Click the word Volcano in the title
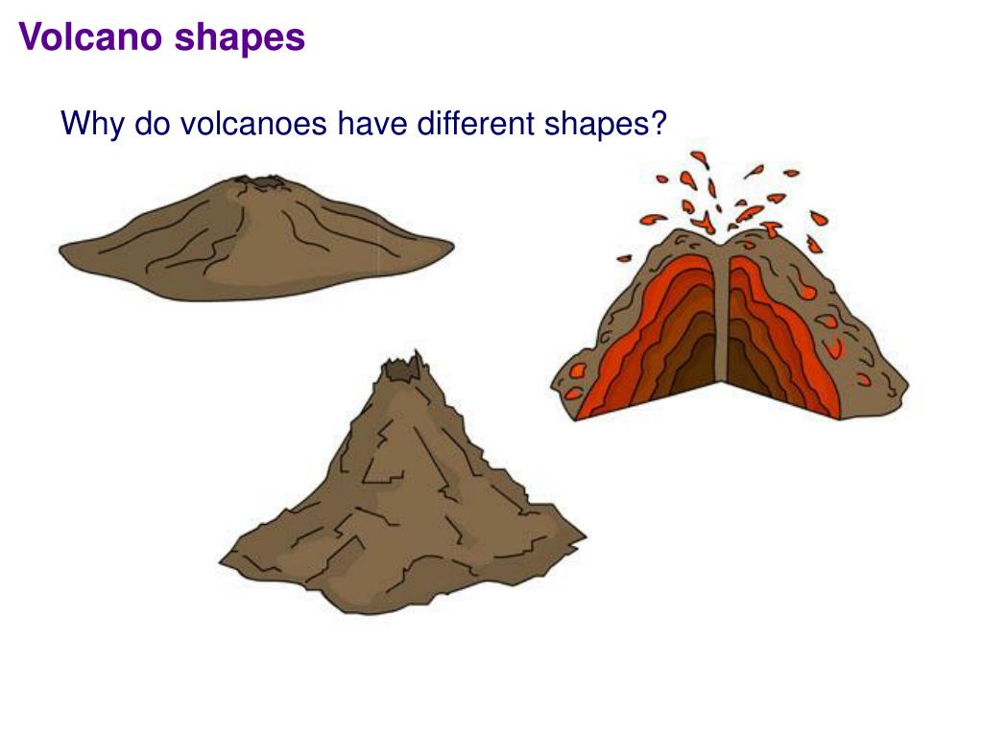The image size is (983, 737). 92,37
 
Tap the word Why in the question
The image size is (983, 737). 93,124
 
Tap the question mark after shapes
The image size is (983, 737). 657,124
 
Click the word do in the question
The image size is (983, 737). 151,124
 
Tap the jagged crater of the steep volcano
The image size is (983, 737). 402,368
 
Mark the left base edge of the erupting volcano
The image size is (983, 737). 554,388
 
